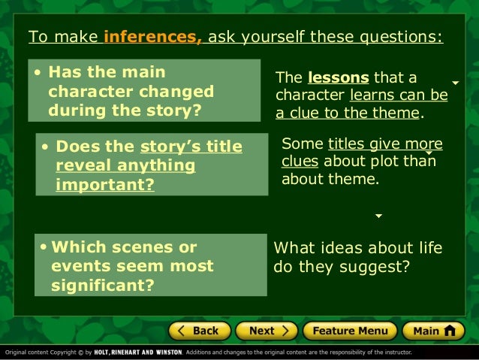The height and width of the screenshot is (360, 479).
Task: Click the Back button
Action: click(x=199, y=331)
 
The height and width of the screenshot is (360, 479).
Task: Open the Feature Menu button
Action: click(x=350, y=331)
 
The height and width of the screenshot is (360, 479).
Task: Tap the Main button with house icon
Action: click(x=433, y=331)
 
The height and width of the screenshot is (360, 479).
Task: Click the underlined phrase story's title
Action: click(x=191, y=147)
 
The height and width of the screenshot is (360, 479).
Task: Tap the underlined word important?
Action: click(x=105, y=183)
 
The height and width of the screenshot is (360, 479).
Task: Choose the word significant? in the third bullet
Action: click(x=103, y=285)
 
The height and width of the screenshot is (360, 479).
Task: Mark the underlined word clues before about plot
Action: click(x=300, y=162)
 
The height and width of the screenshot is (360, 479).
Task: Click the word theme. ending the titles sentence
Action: click(x=357, y=180)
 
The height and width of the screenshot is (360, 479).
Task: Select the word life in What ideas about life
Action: click(x=427, y=248)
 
